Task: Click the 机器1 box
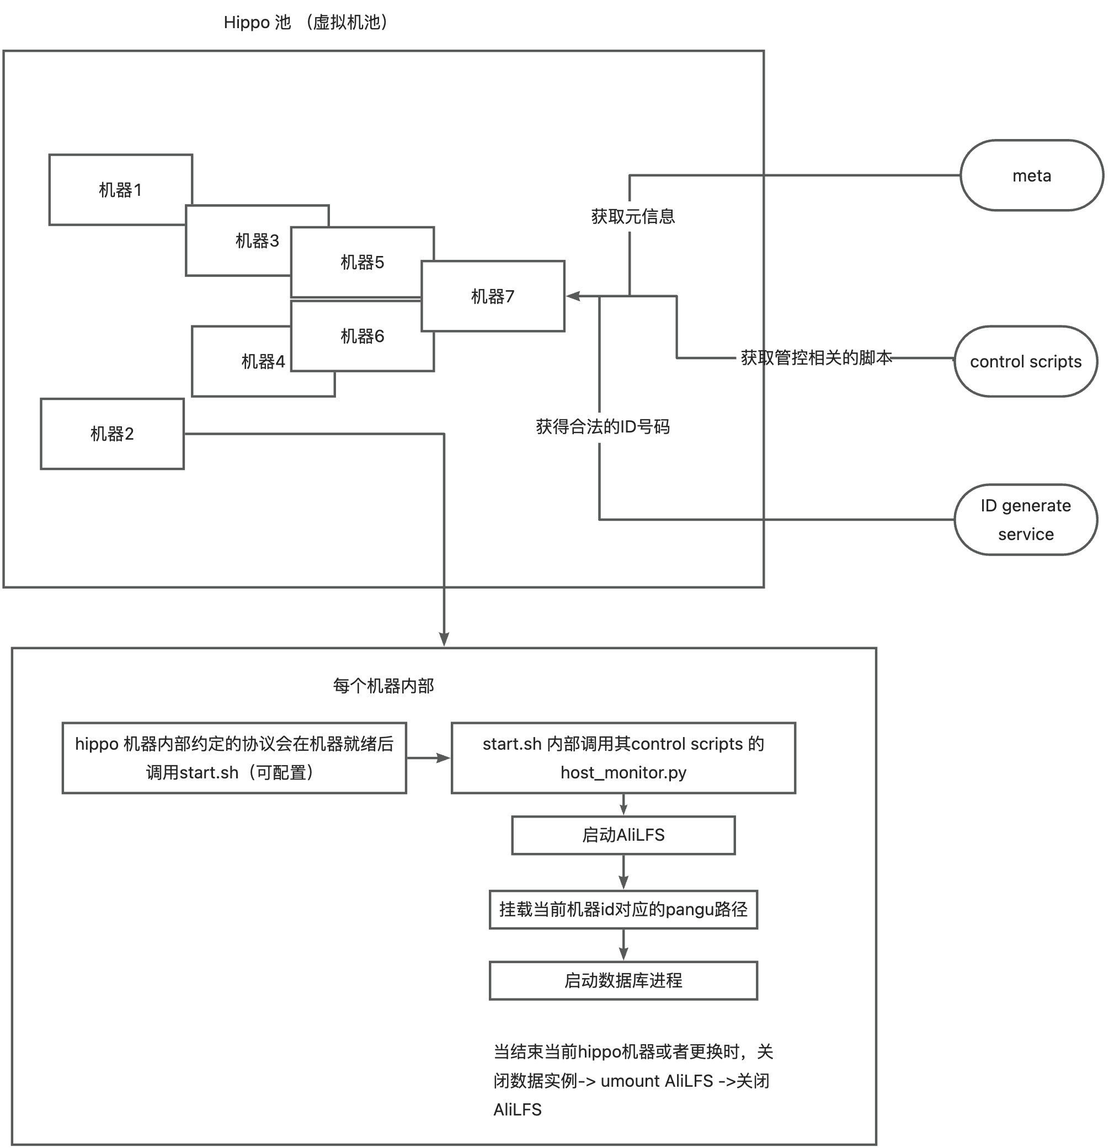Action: [x=120, y=190]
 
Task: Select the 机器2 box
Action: [x=112, y=434]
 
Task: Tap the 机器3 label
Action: [x=257, y=240]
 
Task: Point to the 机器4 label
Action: [x=263, y=361]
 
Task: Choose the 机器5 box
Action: [x=362, y=262]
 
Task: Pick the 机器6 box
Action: [x=362, y=336]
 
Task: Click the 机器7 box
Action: [x=493, y=296]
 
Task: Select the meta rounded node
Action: [x=1032, y=175]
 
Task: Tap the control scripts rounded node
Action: [x=1026, y=361]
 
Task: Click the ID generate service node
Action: [x=1026, y=520]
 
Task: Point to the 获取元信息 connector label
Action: [x=633, y=217]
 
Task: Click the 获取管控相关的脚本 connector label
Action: [x=816, y=357]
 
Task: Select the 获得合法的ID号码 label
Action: [x=603, y=426]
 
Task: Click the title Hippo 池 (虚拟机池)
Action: [x=306, y=22]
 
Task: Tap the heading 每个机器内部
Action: [x=383, y=685]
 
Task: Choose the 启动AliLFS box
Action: [x=623, y=835]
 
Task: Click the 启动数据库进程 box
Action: [x=623, y=980]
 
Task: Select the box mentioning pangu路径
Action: [x=623, y=910]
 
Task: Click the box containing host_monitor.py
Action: [x=623, y=758]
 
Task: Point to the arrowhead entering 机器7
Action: [x=572, y=296]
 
